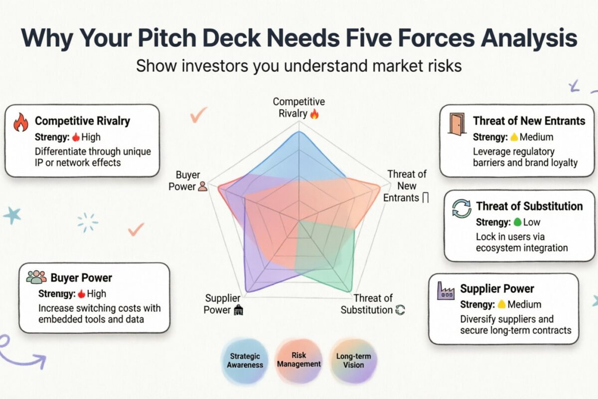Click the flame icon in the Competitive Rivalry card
point(20,122)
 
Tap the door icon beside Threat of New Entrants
point(456,124)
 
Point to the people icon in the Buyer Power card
point(36,277)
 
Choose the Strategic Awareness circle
point(245,360)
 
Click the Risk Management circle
point(299,360)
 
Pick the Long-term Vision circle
point(353,360)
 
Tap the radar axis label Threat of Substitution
point(368,304)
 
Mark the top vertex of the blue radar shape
point(299,132)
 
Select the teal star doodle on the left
point(12,215)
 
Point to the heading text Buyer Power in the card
point(81,278)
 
